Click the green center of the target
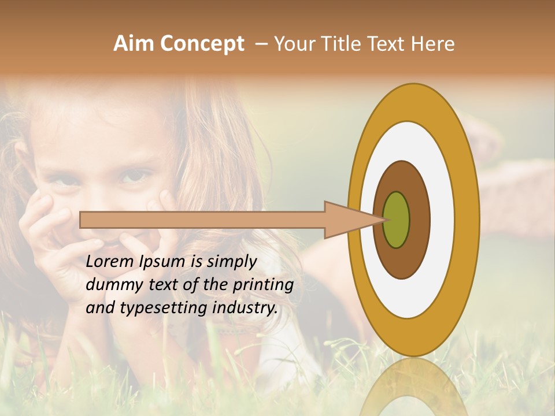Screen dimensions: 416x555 point(396,220)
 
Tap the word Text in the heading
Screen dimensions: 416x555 point(387,44)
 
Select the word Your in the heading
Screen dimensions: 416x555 point(294,44)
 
